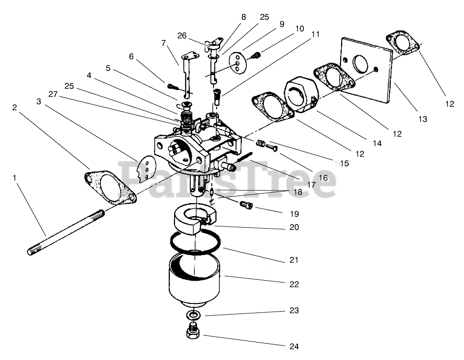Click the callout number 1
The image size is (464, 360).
(x=14, y=178)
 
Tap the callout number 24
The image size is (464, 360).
(x=294, y=347)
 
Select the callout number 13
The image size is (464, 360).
(x=423, y=119)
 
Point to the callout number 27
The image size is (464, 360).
(x=53, y=94)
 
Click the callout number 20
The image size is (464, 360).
(x=294, y=227)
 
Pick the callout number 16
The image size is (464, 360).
(x=324, y=178)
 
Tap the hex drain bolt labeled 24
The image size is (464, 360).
(x=193, y=330)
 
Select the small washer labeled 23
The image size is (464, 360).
(x=193, y=315)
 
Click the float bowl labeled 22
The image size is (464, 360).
(x=194, y=279)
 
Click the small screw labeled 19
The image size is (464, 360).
(x=246, y=204)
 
